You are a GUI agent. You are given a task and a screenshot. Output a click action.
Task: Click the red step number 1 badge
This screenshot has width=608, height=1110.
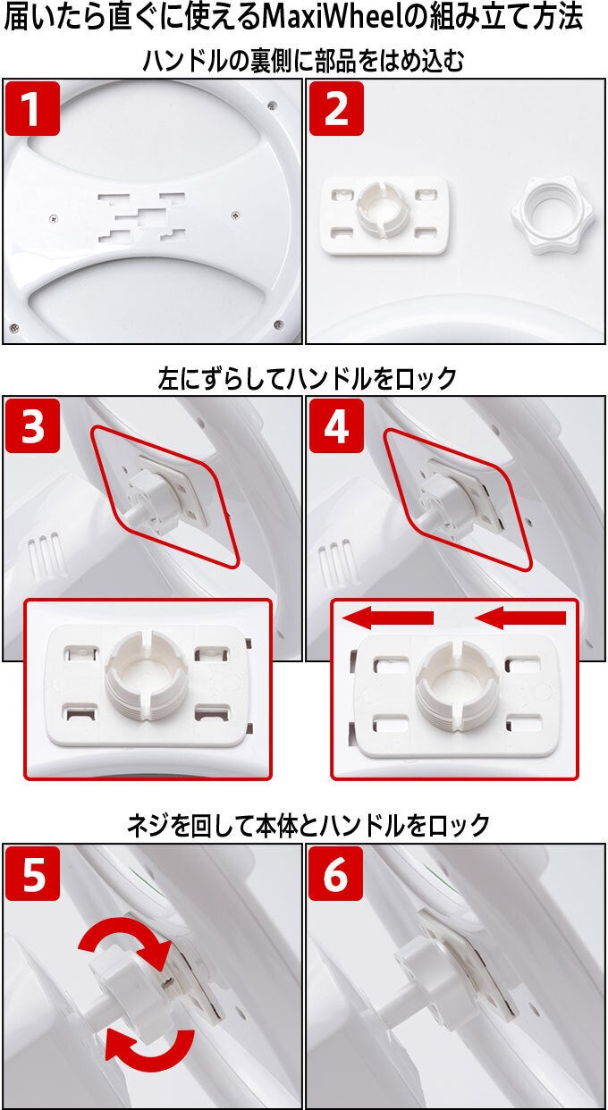coord(33,108)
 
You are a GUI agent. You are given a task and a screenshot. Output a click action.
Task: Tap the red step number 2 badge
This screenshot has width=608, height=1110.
coord(336,108)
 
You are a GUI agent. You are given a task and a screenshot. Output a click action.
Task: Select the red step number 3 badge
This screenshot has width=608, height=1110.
coord(33,425)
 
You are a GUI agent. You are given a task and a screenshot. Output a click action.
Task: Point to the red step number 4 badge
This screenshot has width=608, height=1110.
coord(336,425)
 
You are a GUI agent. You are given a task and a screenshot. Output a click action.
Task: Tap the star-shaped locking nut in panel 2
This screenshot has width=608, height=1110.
coord(553,215)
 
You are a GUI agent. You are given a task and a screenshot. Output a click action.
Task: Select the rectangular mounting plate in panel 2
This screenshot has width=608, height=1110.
coord(385,215)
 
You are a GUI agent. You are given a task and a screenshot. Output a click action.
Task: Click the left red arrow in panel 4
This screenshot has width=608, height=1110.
coord(388,618)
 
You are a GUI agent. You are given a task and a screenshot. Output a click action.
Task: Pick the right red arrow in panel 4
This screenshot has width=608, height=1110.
coord(520,618)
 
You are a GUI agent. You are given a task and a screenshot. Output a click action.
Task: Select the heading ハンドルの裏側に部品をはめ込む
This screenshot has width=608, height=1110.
coord(303,62)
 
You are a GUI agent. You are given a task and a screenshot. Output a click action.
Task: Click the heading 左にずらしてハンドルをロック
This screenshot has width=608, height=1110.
coord(308,379)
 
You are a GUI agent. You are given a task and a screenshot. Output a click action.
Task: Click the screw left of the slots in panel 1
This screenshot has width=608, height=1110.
coord(54,218)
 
